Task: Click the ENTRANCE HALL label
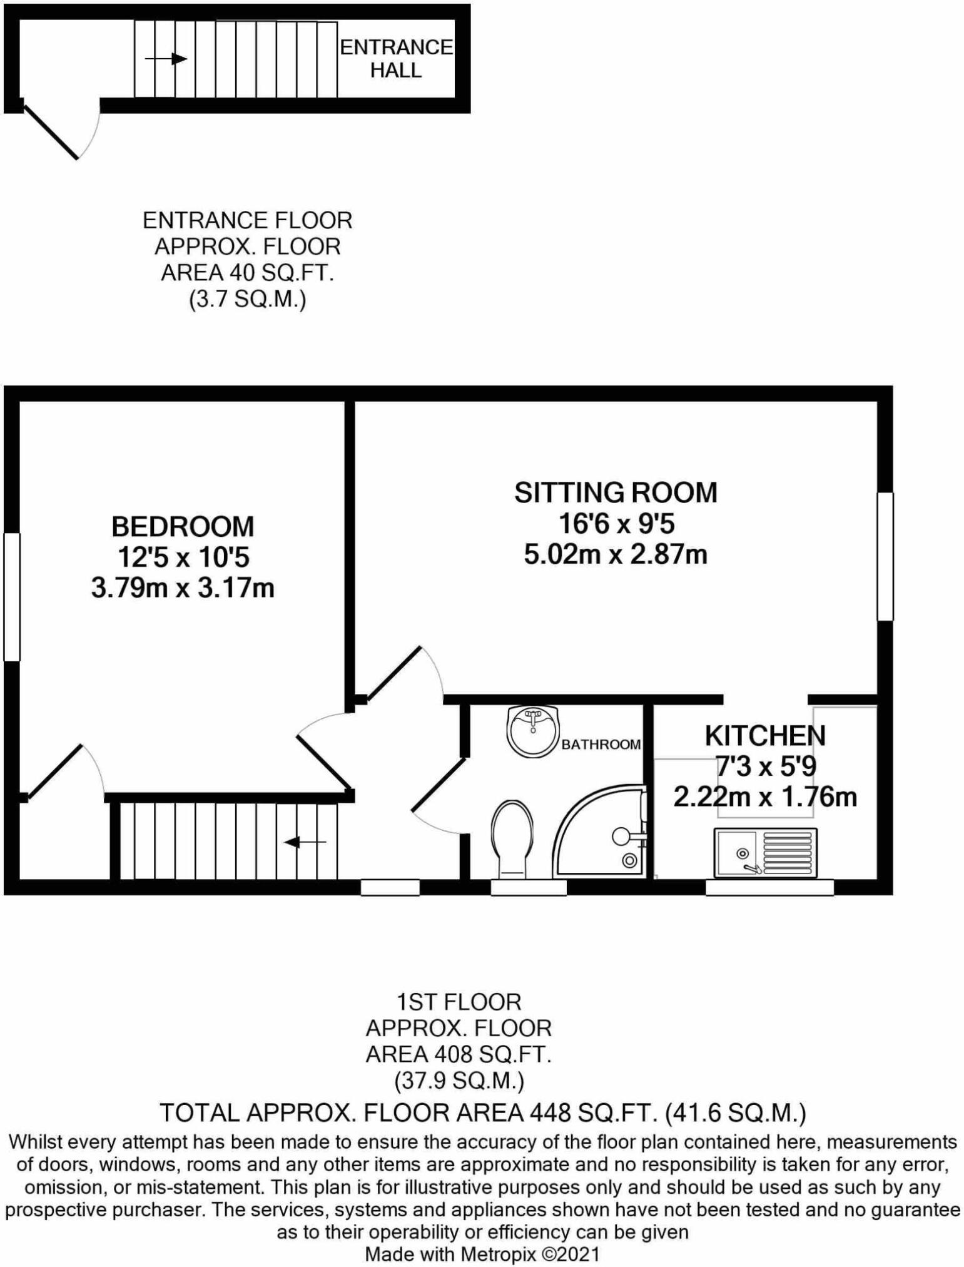(x=396, y=59)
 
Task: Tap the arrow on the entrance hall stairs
(x=166, y=59)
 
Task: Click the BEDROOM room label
(x=183, y=526)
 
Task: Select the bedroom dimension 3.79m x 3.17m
(x=183, y=588)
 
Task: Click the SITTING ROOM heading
(x=616, y=492)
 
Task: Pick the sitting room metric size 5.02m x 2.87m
(x=616, y=554)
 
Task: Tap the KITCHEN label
(x=765, y=736)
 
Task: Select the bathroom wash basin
(x=532, y=730)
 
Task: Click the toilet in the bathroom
(x=512, y=837)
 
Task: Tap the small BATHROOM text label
(x=601, y=744)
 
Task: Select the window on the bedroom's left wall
(x=12, y=596)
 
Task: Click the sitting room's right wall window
(x=885, y=556)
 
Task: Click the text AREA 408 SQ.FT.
(x=458, y=1054)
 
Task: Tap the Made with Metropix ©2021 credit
(x=482, y=1254)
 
